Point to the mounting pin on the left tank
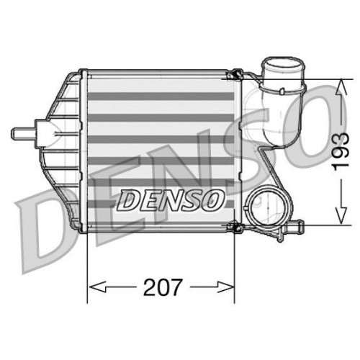click(x=21, y=132)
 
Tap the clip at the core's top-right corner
click(x=234, y=74)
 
